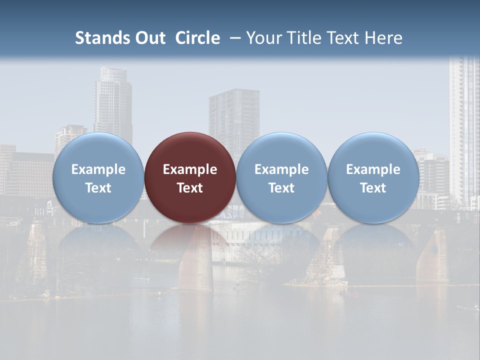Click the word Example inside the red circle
pos(190,169)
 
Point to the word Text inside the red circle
pos(190,188)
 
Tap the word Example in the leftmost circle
pos(98,169)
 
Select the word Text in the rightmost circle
pos(373,188)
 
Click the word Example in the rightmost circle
pos(373,169)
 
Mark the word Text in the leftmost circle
pos(98,188)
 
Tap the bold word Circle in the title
pos(197,38)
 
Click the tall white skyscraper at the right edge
pos(464,130)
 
